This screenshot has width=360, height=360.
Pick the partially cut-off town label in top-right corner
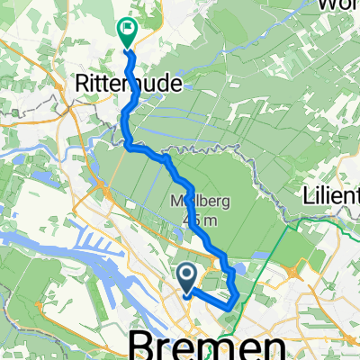(x=338, y=5)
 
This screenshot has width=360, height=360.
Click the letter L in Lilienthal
(x=308, y=194)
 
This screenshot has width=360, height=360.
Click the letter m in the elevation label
(x=199, y=219)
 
